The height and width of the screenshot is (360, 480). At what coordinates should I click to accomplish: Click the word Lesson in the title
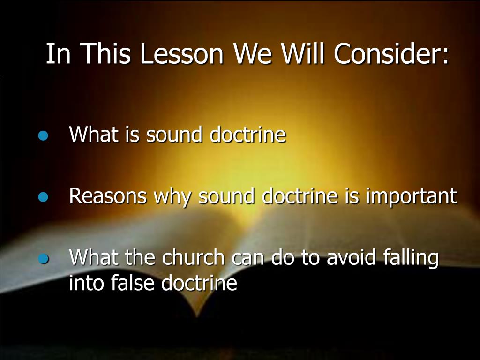pos(182,55)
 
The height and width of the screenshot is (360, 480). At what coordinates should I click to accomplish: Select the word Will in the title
pos(305,55)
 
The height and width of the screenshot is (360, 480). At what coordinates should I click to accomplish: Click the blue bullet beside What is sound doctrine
pos(44,136)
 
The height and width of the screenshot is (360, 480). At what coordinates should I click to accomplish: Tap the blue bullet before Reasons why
pos(44,197)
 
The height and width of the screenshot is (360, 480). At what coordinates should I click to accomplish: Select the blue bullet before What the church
pos(44,259)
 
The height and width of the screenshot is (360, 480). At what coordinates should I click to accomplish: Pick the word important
pos(411,196)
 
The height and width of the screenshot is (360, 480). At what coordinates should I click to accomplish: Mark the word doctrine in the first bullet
pos(247,135)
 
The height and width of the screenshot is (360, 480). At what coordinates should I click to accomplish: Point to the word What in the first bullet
pos(94,135)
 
